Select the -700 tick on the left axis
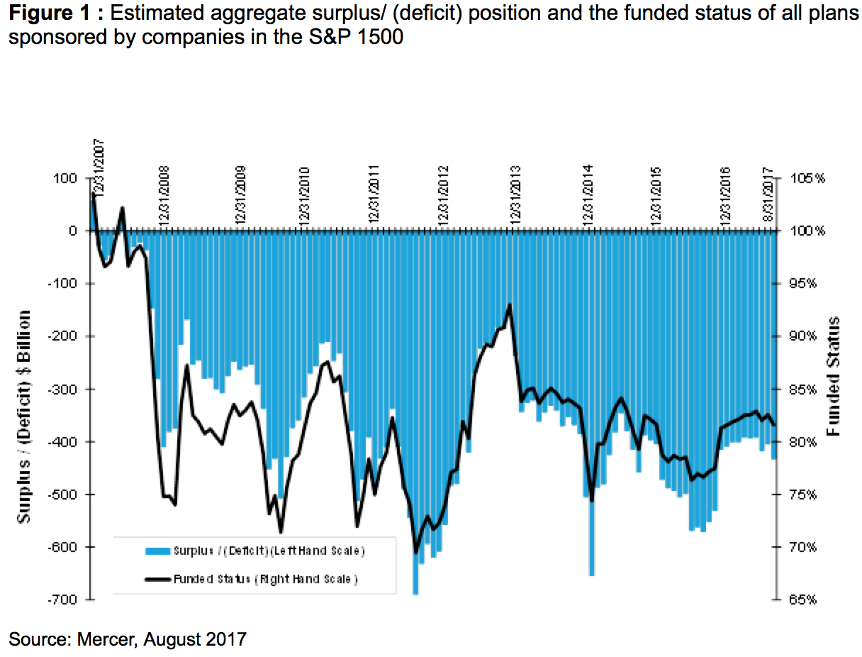click(x=62, y=600)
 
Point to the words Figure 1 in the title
click(x=46, y=13)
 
